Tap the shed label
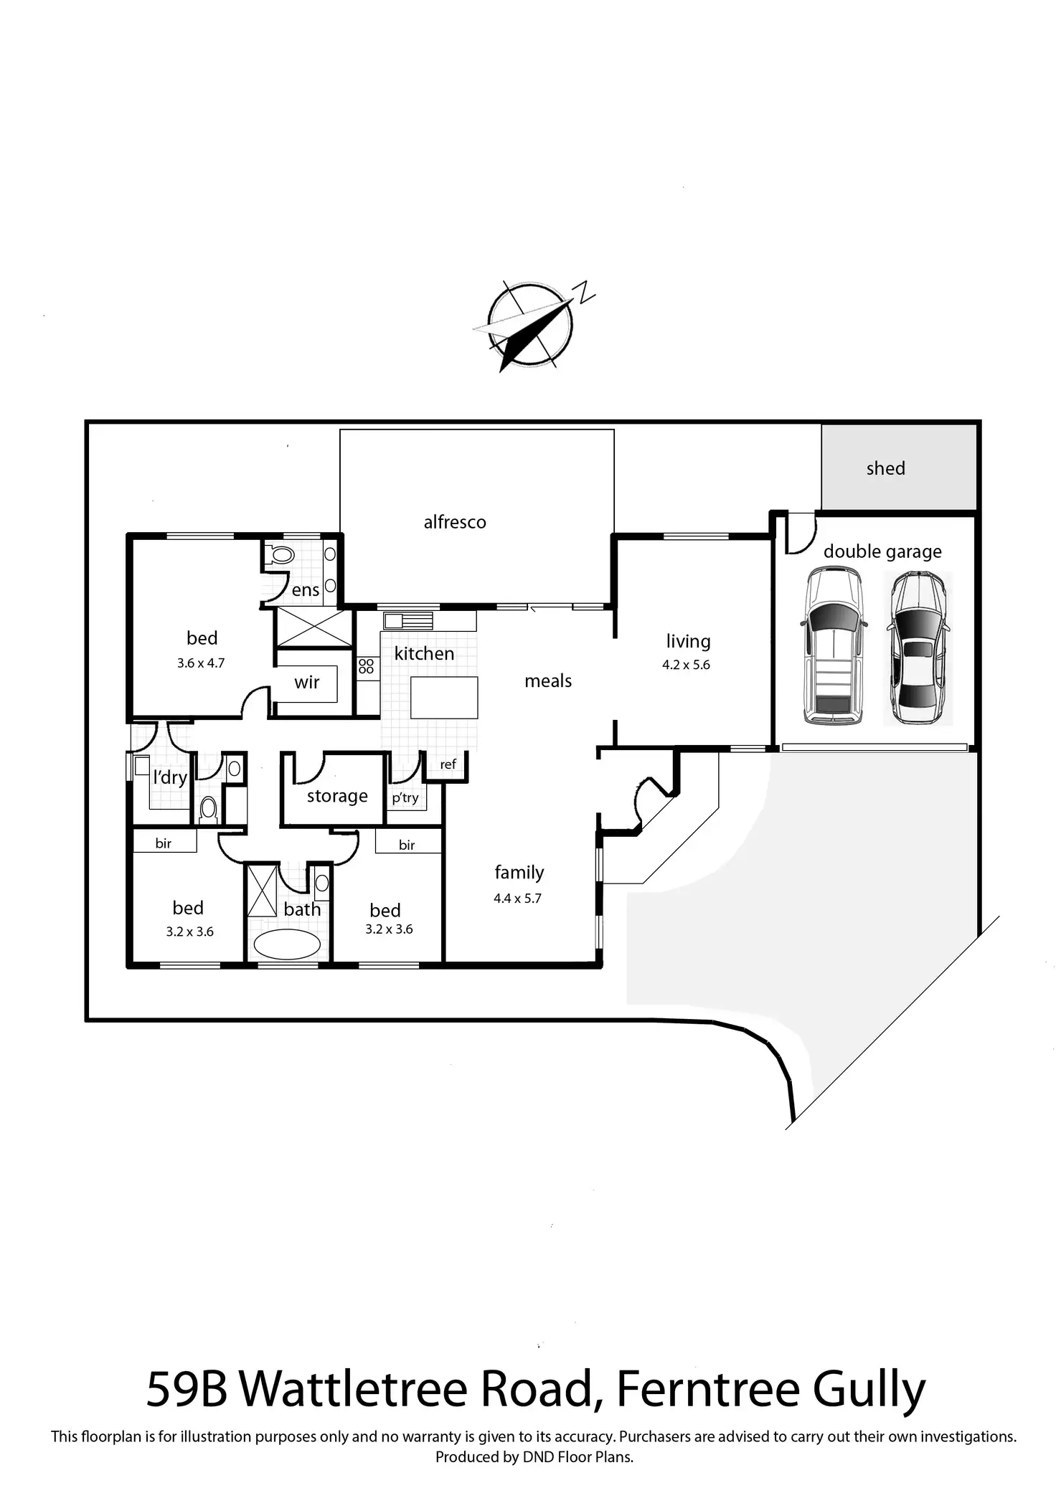point(885,468)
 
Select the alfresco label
point(455,522)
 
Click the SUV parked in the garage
point(832,645)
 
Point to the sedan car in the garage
point(918,648)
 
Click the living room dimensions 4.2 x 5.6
point(686,665)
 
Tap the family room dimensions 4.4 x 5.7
point(517,898)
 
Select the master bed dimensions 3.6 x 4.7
point(201,663)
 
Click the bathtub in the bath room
point(287,944)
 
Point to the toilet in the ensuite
point(282,554)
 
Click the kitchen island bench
point(444,697)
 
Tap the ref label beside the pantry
point(448,764)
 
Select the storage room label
point(337,796)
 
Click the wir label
point(306,682)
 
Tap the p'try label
point(405,797)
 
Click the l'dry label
point(170,777)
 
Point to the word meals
point(548,681)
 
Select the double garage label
point(882,551)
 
